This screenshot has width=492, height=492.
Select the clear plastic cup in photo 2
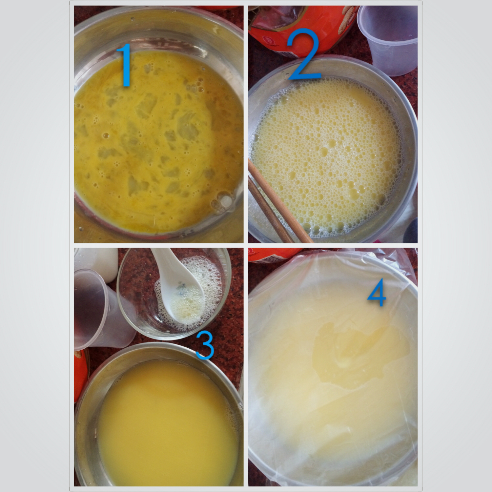[389, 39]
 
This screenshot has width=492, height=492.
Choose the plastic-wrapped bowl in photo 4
[333, 367]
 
